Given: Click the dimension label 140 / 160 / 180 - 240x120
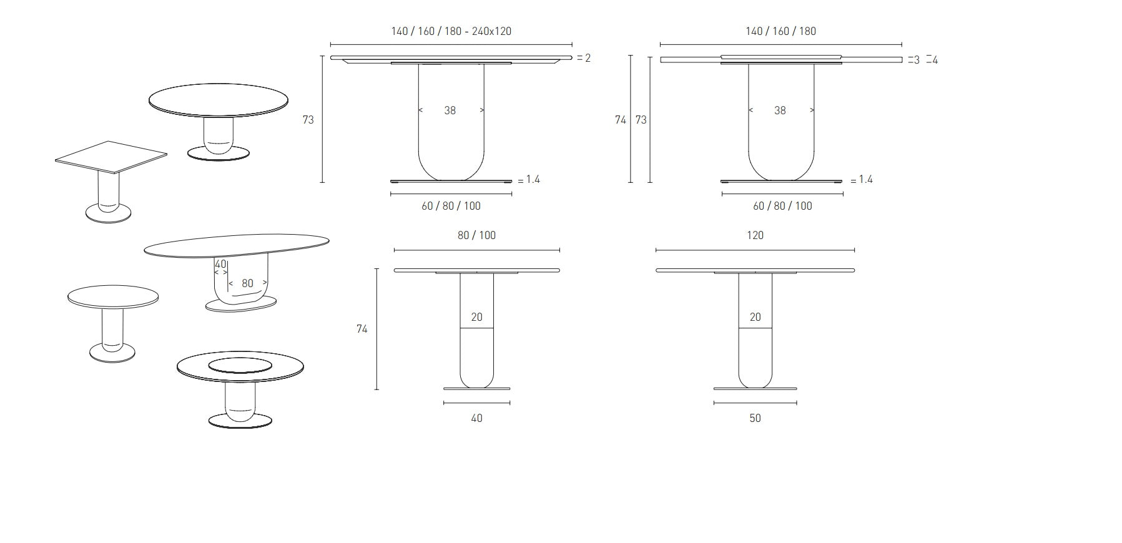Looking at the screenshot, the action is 451,31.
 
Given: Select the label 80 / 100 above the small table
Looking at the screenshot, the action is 476,235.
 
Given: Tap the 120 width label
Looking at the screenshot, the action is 755,235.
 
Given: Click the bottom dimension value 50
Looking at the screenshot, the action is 755,418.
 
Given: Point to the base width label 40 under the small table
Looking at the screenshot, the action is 476,418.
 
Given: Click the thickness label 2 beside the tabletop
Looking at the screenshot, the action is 588,58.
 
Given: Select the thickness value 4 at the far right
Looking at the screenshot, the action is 935,61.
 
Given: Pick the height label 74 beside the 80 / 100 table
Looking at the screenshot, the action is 362,329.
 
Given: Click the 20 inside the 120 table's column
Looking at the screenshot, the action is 755,317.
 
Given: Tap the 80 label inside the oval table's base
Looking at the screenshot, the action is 247,283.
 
